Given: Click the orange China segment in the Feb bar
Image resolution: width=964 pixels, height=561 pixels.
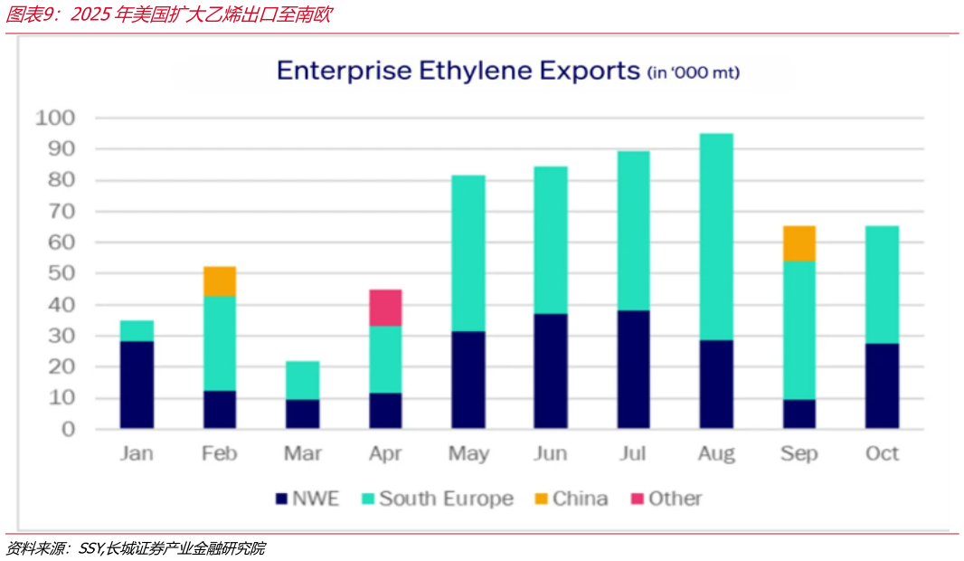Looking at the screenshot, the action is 220,281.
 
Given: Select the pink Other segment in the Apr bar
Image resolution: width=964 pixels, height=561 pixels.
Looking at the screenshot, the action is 385,308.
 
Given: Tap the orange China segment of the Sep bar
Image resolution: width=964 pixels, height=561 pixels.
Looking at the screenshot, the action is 799,243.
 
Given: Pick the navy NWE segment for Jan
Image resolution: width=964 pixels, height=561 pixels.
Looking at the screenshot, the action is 137,385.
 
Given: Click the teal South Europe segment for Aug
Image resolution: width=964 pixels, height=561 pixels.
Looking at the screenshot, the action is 716,237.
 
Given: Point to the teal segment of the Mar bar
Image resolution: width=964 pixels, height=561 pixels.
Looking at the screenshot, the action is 302,380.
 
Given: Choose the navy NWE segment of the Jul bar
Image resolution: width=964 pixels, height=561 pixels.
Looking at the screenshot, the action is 633,369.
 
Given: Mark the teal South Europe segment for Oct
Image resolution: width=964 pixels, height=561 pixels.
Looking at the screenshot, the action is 883,285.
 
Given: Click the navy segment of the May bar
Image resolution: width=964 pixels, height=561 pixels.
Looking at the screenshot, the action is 468,379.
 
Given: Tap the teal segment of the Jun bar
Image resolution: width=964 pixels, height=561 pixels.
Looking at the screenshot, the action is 551,240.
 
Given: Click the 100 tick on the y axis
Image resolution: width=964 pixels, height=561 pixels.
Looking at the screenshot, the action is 55,118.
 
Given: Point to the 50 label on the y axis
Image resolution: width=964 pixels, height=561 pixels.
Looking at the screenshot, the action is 61,273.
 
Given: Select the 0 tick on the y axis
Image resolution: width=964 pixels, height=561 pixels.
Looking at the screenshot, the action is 68,429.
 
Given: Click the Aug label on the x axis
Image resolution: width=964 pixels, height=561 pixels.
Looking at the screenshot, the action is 716,454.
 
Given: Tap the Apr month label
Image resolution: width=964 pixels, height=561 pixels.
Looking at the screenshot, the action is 385,454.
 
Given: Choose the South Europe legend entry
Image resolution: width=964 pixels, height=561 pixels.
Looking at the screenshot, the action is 438,499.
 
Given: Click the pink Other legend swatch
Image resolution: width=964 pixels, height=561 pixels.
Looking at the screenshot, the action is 638,499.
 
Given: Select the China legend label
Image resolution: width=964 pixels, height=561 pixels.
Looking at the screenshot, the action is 581,499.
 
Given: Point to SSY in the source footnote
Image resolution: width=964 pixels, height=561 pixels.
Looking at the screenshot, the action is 91,548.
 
